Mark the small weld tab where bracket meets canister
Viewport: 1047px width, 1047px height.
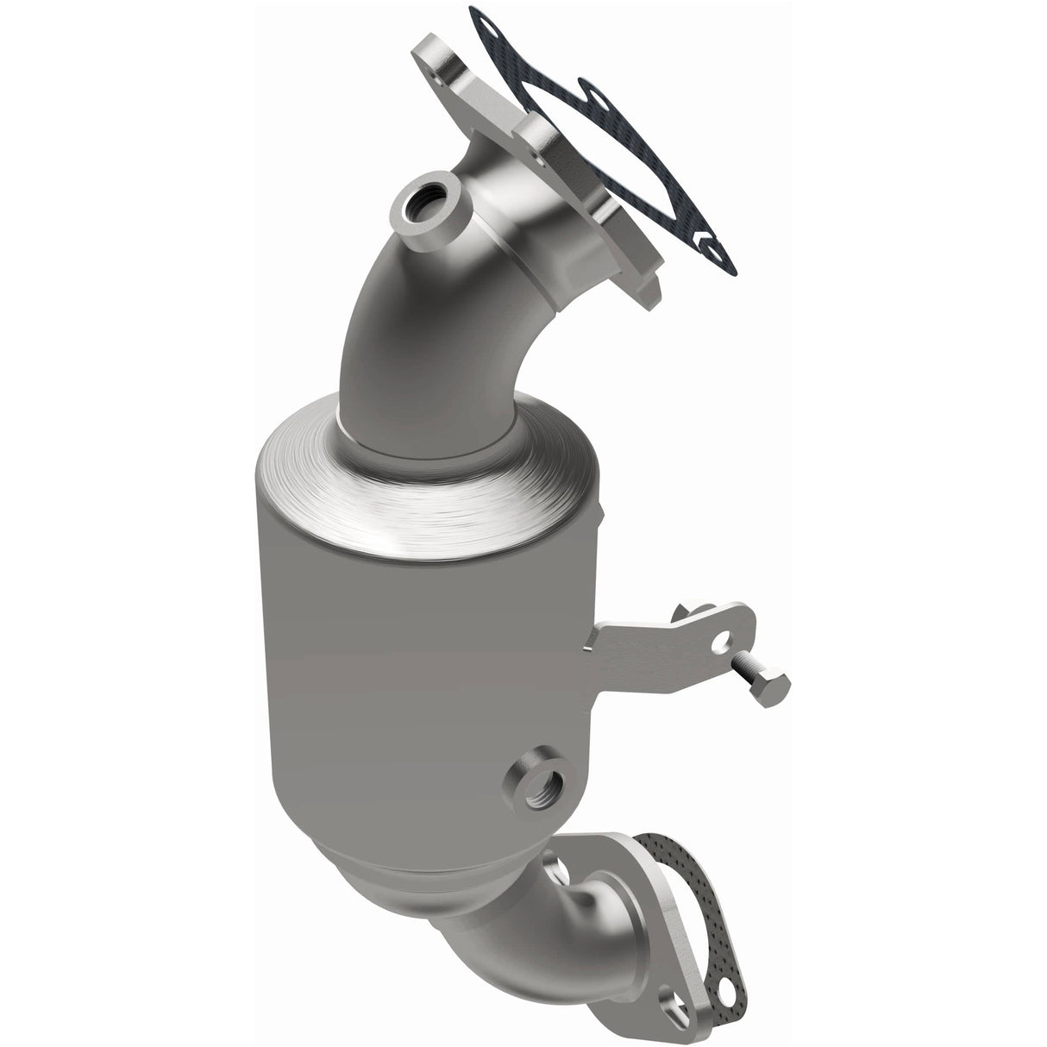[x=595, y=637]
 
